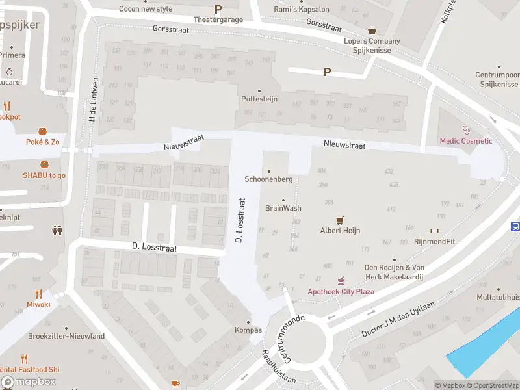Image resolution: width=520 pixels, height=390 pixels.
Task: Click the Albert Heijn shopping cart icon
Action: (x=339, y=220)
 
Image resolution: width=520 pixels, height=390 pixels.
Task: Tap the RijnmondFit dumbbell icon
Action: (x=434, y=231)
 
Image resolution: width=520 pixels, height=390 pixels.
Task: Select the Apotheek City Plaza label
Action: (x=341, y=291)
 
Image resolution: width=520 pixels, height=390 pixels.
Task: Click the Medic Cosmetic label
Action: (x=465, y=141)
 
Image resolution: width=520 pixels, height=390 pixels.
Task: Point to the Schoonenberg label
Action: (x=268, y=179)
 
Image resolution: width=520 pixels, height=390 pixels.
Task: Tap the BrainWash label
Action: (x=283, y=208)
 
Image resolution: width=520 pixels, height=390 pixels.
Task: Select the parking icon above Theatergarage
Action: (x=218, y=9)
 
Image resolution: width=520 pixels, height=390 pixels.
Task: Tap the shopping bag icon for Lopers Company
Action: (x=372, y=30)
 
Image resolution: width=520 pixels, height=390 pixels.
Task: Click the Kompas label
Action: (x=248, y=330)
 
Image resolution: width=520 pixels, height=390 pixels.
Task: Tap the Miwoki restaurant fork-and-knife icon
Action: (x=38, y=293)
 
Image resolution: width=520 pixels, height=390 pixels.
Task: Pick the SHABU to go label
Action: (x=44, y=175)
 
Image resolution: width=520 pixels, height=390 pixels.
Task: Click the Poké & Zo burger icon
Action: (x=43, y=131)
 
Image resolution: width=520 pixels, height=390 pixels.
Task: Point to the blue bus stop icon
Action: (x=515, y=227)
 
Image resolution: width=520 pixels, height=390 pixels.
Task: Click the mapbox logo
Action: (x=28, y=382)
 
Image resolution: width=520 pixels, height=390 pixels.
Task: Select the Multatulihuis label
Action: (x=497, y=297)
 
